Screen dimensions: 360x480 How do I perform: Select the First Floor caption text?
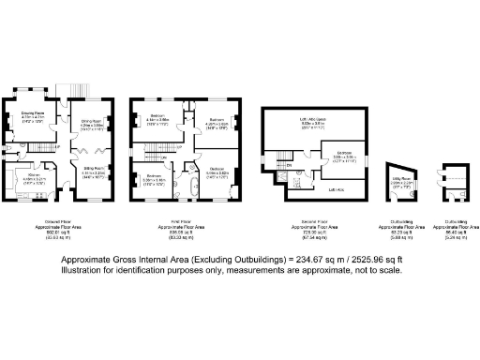tap(175, 222)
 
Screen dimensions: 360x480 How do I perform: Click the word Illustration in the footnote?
tap(84, 270)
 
